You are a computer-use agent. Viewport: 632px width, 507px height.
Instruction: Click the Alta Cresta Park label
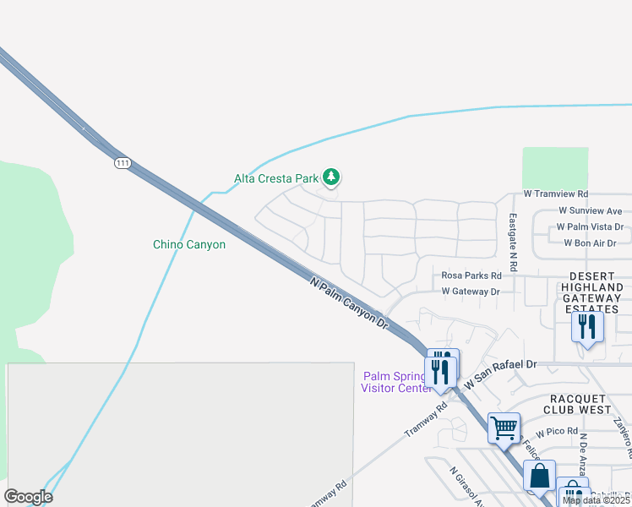(x=275, y=178)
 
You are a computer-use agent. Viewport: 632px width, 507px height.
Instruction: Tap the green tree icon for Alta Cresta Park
(x=333, y=177)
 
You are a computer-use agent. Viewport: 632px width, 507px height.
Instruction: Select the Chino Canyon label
(x=189, y=244)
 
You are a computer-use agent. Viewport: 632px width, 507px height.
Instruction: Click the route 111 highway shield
(x=123, y=163)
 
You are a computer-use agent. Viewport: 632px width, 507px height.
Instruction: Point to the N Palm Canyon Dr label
(x=348, y=304)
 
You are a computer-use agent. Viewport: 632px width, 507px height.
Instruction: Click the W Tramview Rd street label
(x=555, y=194)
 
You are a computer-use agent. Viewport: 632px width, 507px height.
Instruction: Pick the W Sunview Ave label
(x=590, y=210)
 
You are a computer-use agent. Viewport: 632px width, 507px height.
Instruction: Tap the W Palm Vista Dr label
(x=589, y=227)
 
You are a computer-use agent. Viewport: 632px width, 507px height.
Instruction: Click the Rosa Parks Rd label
(x=471, y=275)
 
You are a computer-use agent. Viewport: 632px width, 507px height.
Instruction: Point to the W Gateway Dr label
(x=471, y=292)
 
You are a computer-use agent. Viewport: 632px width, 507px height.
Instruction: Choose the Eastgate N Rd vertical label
(x=512, y=230)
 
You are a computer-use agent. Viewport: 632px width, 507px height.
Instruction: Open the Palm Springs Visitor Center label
(x=394, y=382)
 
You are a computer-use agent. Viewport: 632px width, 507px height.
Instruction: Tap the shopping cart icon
(x=504, y=427)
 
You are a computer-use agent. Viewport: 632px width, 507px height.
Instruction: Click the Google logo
(x=29, y=497)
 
